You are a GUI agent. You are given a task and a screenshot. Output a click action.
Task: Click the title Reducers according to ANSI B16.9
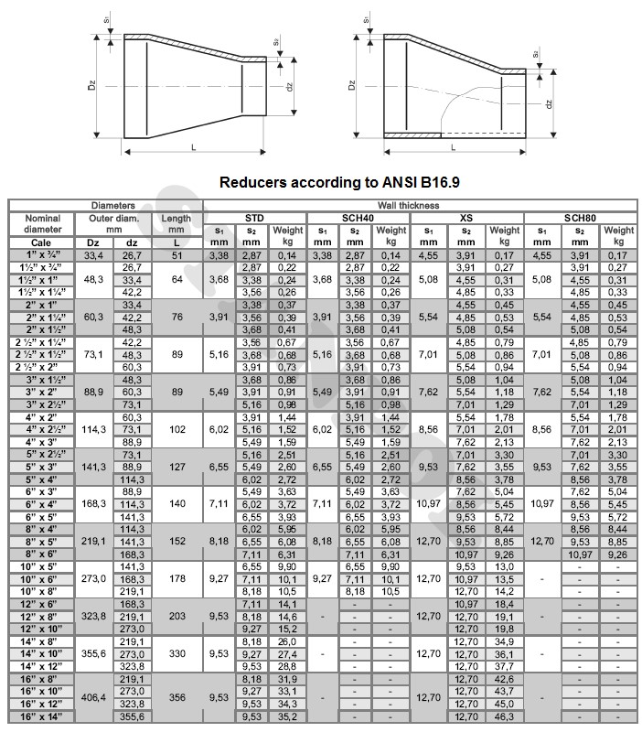(x=339, y=182)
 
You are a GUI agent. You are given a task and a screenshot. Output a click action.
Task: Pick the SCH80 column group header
(x=579, y=218)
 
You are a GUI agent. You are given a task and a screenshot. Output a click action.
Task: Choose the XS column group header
(x=467, y=218)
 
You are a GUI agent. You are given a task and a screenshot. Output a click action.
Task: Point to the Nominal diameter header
(x=43, y=224)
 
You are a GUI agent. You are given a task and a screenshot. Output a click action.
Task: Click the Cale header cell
(x=43, y=242)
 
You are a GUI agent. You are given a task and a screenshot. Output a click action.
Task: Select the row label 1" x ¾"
(x=43, y=254)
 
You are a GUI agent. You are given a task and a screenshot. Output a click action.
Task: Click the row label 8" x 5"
(x=43, y=541)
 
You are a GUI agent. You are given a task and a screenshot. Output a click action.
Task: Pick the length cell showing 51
(x=176, y=254)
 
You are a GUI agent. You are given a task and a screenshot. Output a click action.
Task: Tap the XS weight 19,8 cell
(x=504, y=629)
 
